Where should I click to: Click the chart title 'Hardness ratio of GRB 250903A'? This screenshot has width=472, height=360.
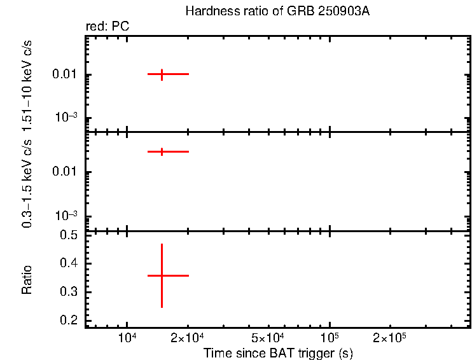277,11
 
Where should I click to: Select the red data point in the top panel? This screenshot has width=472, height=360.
162,74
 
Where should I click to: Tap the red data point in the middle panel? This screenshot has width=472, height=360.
162,151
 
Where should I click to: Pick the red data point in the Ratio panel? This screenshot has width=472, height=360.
162,275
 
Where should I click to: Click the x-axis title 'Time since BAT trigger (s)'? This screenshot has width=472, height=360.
278,352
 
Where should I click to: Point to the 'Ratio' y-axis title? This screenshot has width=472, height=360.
27,280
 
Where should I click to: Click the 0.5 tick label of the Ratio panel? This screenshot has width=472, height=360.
68,235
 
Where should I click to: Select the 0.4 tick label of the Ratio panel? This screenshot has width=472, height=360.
68,263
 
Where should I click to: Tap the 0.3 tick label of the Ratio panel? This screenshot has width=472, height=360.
68,292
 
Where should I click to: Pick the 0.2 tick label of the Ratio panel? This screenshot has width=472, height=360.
68,320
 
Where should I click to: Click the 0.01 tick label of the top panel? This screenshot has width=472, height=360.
65,75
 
